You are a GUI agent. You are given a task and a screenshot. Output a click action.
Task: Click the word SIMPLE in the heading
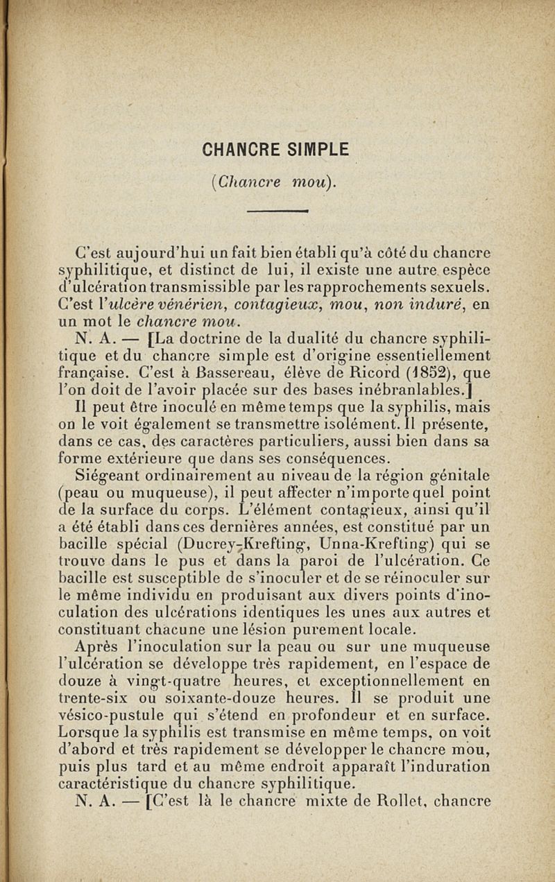pos(316,149)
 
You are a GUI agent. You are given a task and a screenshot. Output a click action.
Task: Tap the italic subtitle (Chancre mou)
pos(277,182)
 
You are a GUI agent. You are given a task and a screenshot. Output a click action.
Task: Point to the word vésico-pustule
pos(103,715)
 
